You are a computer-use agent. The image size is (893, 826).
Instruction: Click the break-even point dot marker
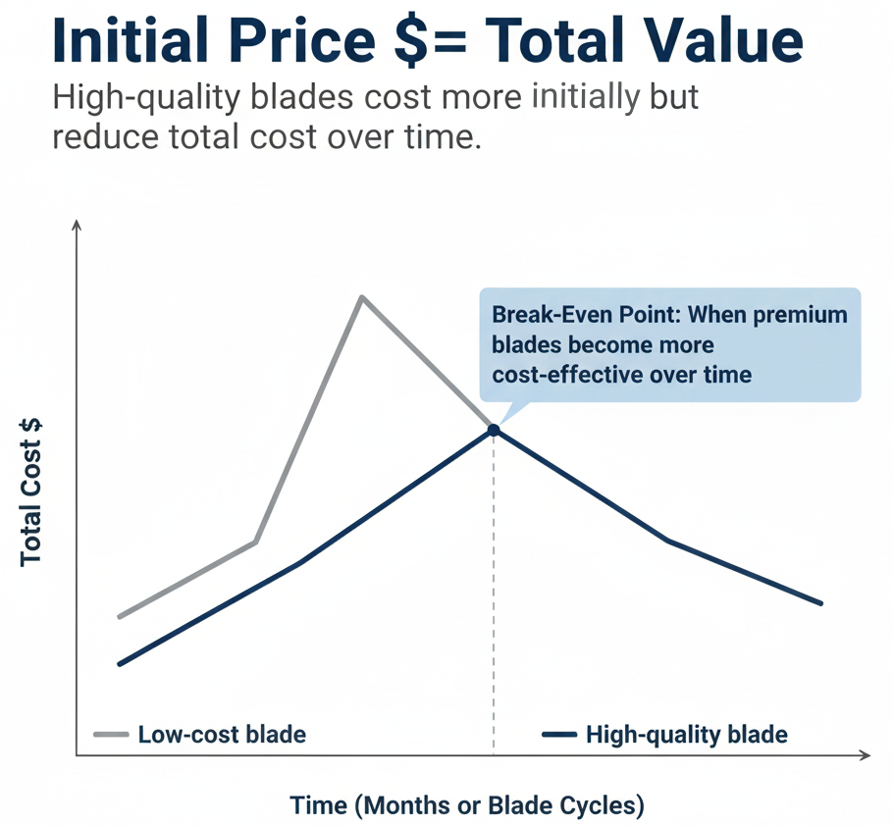493,430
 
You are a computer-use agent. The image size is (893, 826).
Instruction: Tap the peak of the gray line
362,296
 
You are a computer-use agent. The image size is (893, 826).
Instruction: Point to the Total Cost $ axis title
31,490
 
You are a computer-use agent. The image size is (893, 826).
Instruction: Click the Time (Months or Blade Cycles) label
467,805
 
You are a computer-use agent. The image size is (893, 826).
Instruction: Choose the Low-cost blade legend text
222,734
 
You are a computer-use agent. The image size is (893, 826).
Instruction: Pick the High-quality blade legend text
686,734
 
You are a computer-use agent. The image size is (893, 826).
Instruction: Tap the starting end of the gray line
119,617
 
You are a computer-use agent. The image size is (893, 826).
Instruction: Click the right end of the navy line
820,603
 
